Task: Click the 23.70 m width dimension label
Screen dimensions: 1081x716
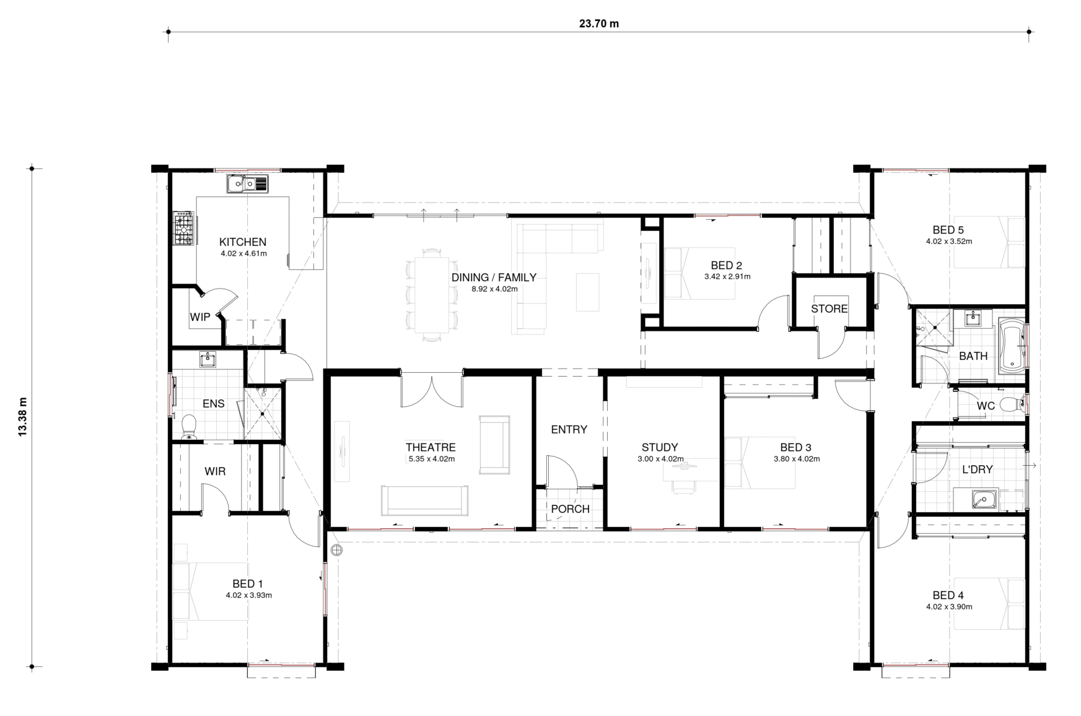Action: click(598, 24)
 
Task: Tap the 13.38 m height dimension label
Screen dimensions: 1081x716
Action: click(24, 417)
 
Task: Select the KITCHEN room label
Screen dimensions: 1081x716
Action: click(243, 242)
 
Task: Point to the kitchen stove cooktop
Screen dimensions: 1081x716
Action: click(183, 229)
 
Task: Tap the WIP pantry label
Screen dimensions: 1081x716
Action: click(200, 317)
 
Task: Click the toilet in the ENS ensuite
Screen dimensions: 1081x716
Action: click(188, 426)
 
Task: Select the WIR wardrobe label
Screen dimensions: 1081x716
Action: click(215, 471)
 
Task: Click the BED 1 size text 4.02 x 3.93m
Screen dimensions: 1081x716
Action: click(249, 595)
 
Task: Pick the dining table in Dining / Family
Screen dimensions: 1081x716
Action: click(432, 295)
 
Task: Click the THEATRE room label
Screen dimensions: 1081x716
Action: click(431, 447)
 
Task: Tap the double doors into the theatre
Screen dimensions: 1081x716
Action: click(432, 390)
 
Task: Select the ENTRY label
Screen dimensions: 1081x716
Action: click(569, 429)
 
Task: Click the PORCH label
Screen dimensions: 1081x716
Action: click(570, 509)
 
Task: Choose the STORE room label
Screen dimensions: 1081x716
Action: click(829, 308)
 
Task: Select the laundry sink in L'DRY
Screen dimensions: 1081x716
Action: click(983, 499)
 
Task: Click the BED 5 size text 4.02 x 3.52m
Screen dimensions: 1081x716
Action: click(949, 242)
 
